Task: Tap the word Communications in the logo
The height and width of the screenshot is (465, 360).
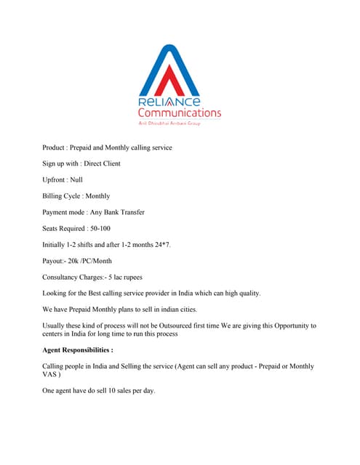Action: click(180, 113)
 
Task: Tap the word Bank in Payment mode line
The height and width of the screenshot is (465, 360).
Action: click(114, 212)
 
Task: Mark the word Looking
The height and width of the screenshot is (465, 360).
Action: click(56, 293)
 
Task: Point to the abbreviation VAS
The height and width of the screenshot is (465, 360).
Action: click(52, 375)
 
